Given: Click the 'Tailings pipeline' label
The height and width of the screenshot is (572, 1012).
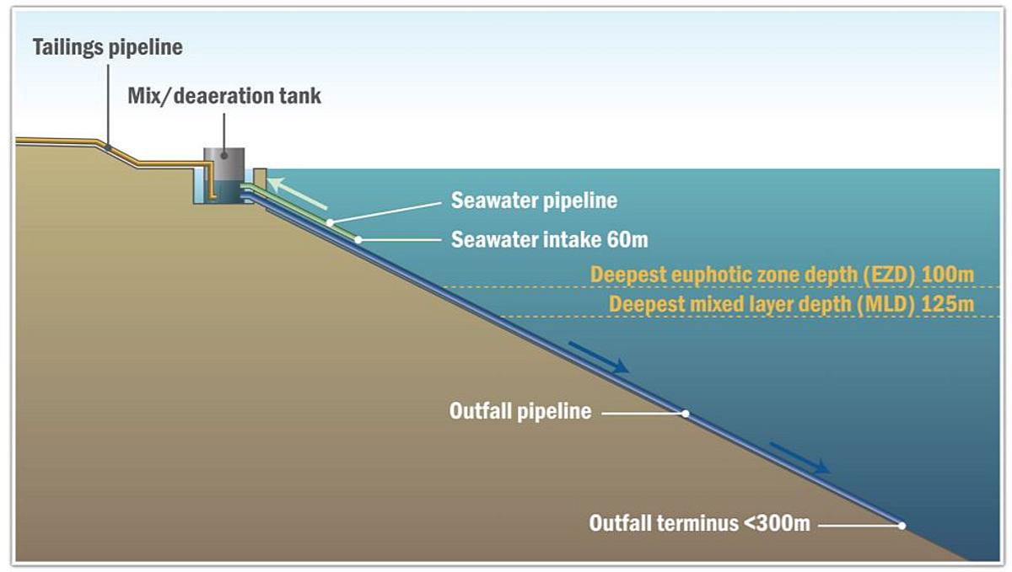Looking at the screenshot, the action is (108, 47).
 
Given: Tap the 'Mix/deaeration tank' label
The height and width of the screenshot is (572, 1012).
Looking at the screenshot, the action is (224, 96).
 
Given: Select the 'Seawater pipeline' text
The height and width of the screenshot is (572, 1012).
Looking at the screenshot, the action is (534, 200).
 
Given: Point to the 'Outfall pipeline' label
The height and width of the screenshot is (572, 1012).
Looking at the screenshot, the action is (520, 411).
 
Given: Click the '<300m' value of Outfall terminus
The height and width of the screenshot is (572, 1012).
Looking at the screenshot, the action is (777, 523).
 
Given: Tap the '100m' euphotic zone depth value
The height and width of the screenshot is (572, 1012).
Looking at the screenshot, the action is (948, 275).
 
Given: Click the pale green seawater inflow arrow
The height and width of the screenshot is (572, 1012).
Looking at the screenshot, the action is (297, 193).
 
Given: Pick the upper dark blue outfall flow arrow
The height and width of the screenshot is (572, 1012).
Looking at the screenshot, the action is (599, 357).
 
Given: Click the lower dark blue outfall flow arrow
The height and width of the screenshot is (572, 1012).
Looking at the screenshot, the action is (799, 458).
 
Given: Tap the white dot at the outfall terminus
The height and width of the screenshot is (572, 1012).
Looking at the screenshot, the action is (902, 526).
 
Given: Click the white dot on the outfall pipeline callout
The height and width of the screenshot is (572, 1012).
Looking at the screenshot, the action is (686, 414).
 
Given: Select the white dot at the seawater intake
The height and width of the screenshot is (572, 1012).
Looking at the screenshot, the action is (358, 240).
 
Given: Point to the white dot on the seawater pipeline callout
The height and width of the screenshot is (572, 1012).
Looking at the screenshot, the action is (331, 223).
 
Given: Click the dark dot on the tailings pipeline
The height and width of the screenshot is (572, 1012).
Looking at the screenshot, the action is (108, 147).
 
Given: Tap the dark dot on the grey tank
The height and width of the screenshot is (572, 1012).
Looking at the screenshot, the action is (224, 156).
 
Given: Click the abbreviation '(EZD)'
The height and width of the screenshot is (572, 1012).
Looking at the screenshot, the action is (890, 275).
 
